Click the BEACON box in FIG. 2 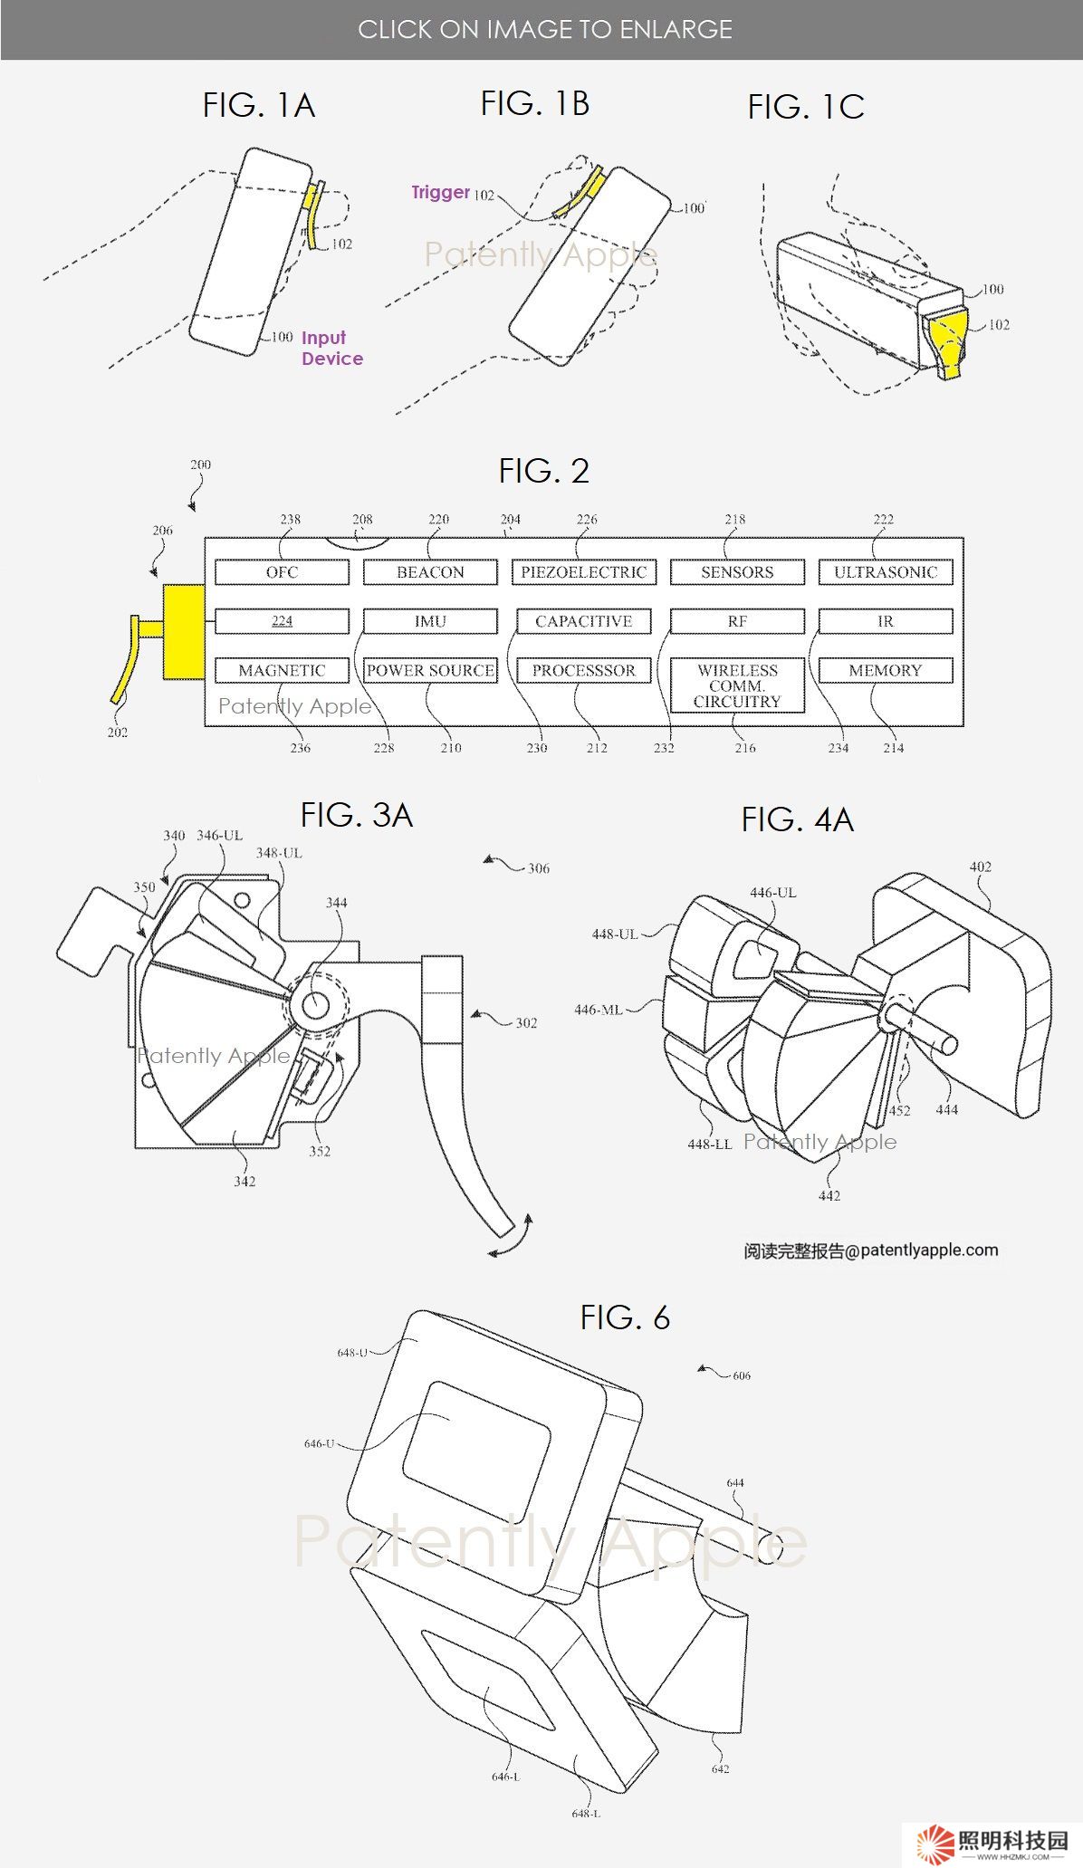tap(430, 572)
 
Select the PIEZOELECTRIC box tap(583, 572)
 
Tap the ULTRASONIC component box tap(885, 572)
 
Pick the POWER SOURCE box tap(430, 670)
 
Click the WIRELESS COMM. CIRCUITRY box tap(737, 685)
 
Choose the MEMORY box tap(885, 670)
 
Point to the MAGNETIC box tap(282, 670)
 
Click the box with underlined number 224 tap(282, 621)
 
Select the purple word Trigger tap(440, 192)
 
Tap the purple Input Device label tap(331, 348)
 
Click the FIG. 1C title tap(805, 108)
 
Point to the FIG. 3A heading tap(356, 815)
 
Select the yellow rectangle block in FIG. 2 tap(184, 631)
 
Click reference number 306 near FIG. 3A tap(539, 868)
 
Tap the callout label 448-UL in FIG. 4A tap(615, 934)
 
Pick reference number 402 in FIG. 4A tap(980, 867)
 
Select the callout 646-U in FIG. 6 tap(319, 1443)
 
